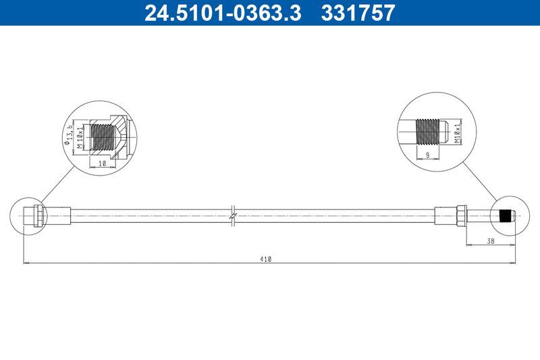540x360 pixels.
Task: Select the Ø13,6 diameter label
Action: [x=68, y=133]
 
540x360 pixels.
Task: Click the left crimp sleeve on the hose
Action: [x=58, y=215]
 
